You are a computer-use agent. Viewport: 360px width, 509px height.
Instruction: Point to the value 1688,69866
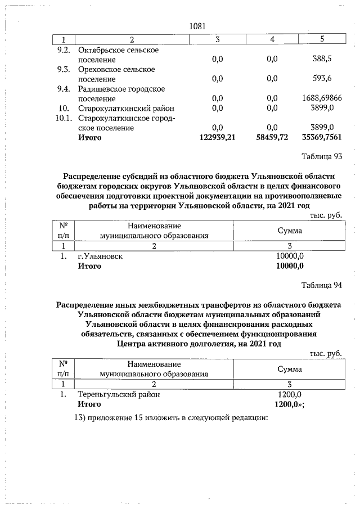[318, 98]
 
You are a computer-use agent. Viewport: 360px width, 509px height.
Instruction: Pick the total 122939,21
[217, 137]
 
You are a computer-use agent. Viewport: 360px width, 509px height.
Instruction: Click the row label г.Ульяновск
[100, 256]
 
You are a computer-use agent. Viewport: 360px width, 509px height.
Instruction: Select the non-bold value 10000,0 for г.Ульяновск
[290, 256]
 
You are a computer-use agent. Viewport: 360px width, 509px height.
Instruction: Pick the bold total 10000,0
[290, 266]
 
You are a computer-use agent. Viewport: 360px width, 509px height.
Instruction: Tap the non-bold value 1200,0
[290, 394]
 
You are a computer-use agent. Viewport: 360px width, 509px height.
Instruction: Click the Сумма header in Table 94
[290, 369]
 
